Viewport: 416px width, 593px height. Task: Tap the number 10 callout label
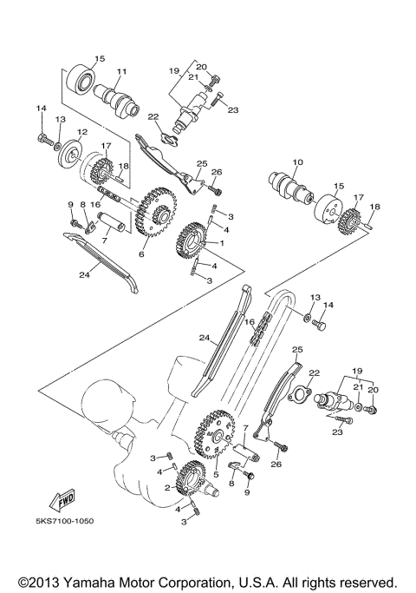click(x=297, y=162)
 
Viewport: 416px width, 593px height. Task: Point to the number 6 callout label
click(x=140, y=254)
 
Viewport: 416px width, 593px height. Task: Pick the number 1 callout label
click(x=221, y=244)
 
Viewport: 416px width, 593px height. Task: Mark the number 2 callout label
click(x=167, y=488)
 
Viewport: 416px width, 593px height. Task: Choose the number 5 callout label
click(x=216, y=475)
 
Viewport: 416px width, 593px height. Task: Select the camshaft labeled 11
click(x=118, y=95)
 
